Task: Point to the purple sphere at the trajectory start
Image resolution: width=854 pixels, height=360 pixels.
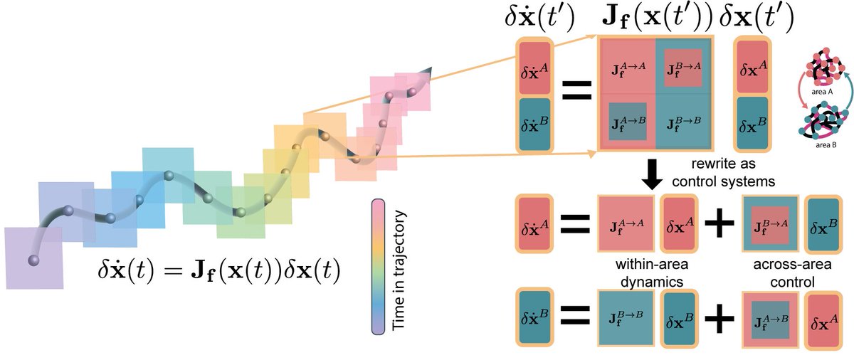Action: click(x=32, y=260)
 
